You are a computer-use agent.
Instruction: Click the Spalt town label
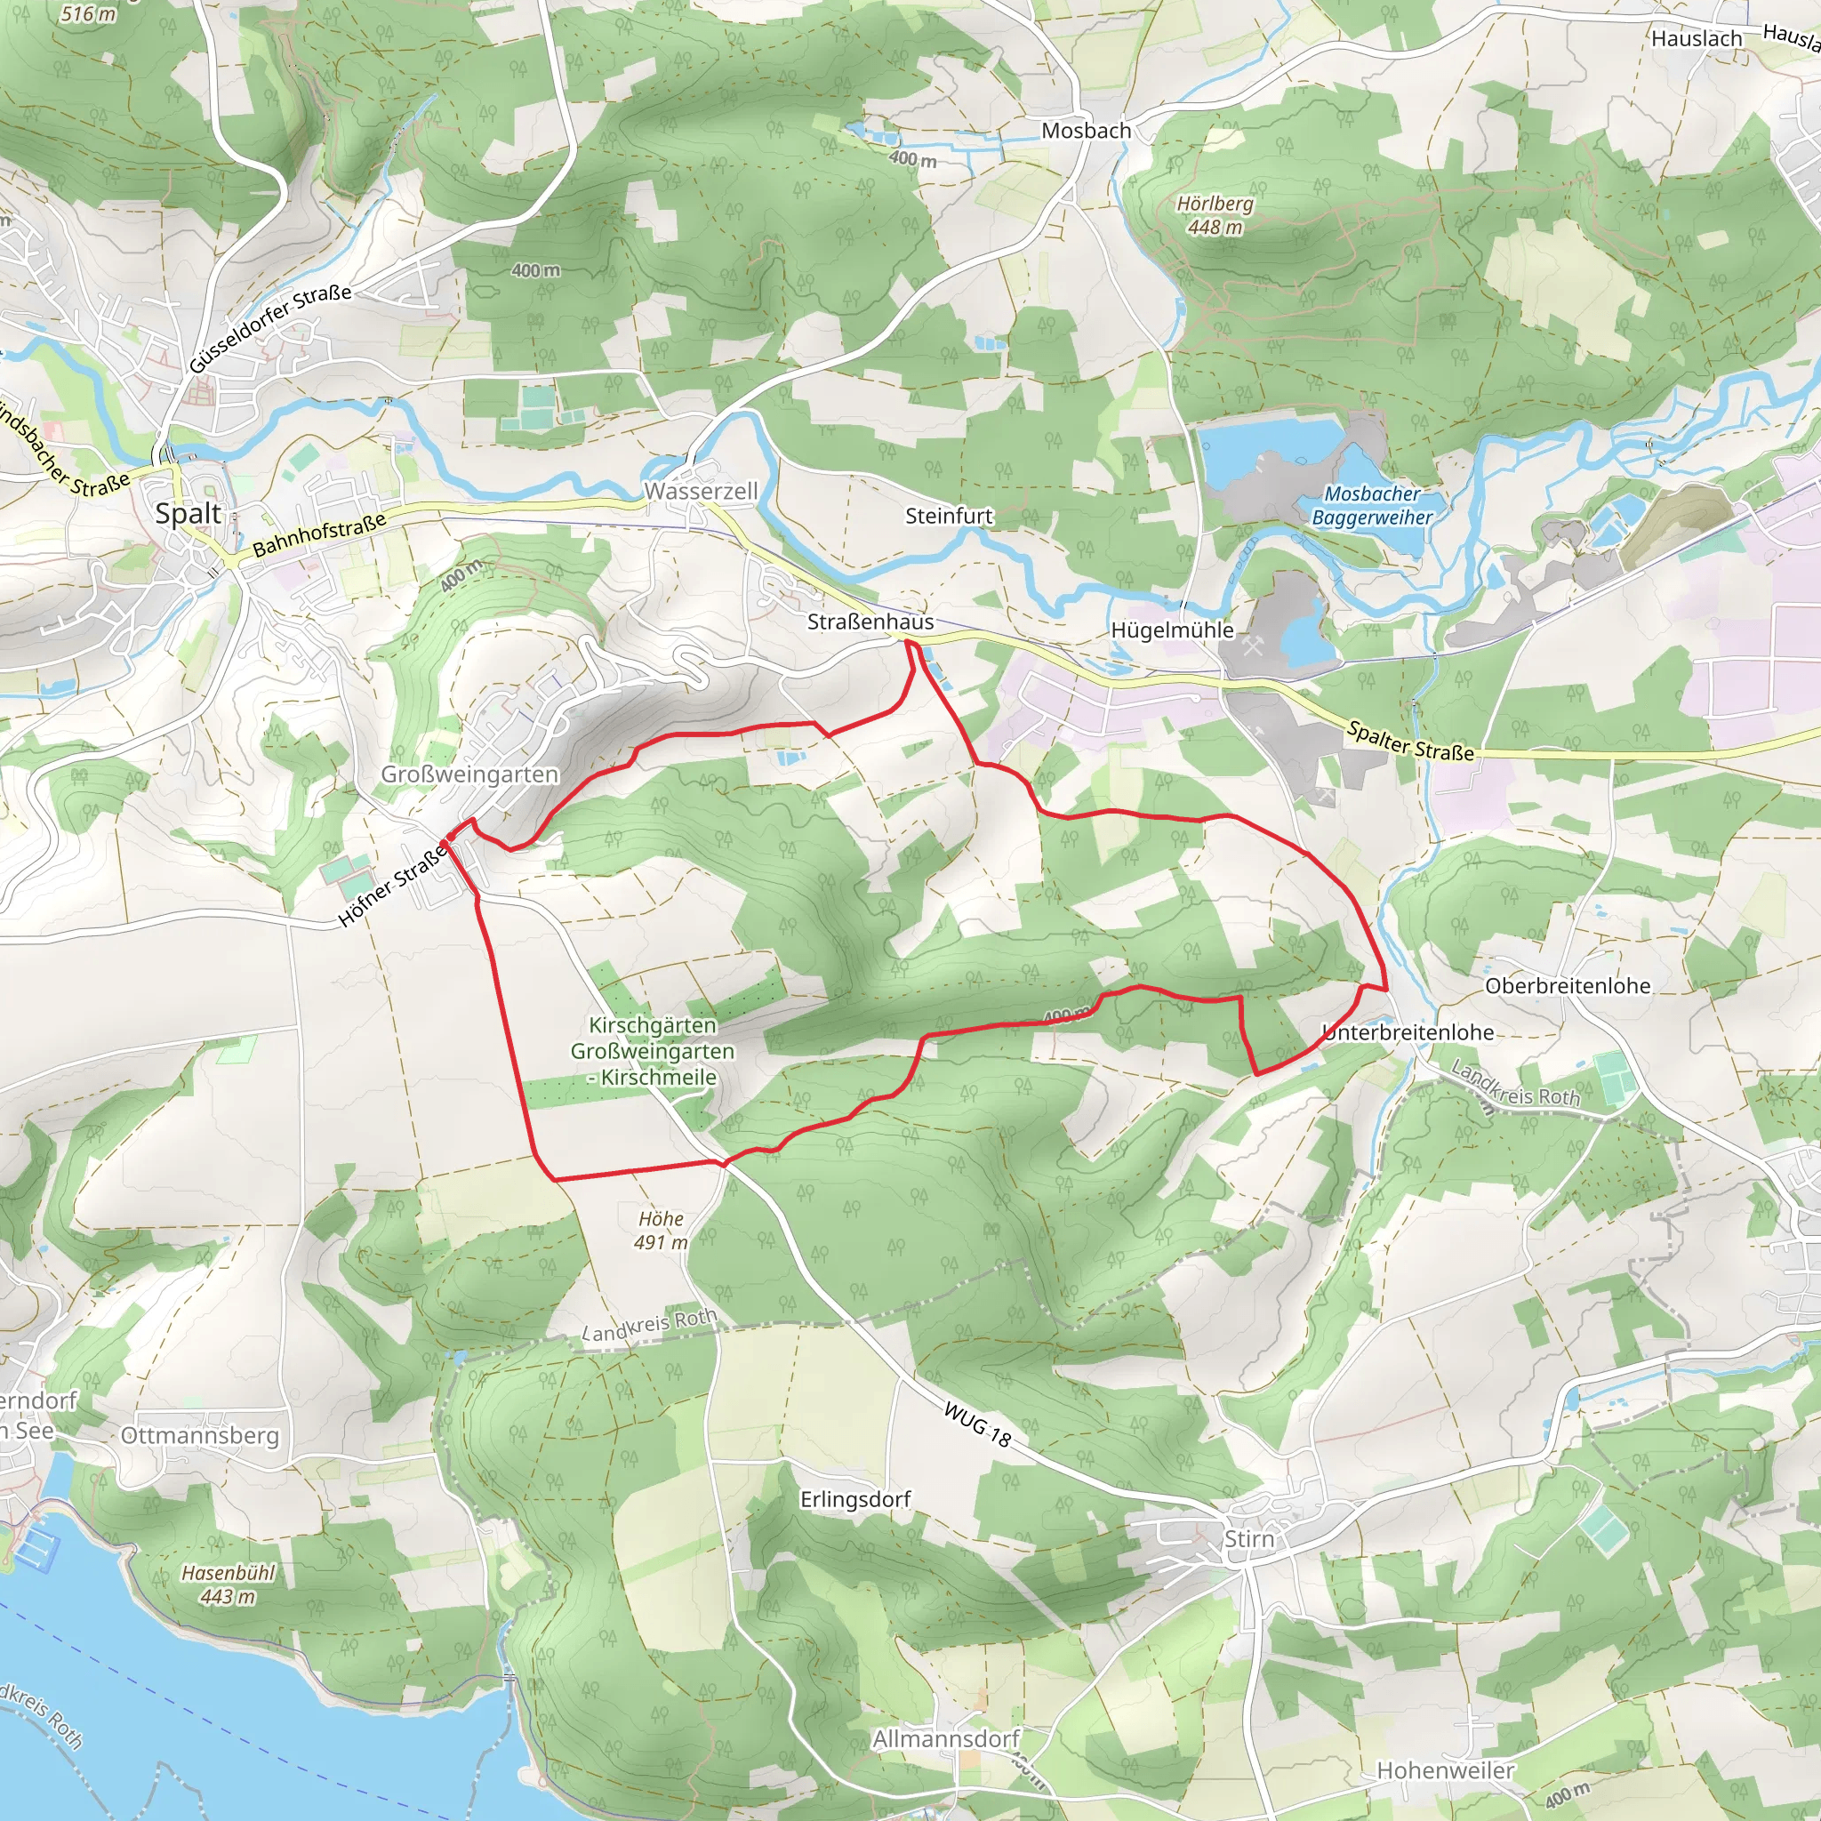[x=189, y=514]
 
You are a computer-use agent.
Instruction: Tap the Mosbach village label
[x=1086, y=131]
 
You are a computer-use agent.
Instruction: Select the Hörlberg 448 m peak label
[x=1215, y=215]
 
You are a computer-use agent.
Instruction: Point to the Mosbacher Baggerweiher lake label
[x=1371, y=505]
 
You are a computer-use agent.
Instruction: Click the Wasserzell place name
[x=702, y=491]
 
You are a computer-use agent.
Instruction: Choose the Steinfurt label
[x=948, y=516]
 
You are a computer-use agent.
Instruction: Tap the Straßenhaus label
[x=870, y=622]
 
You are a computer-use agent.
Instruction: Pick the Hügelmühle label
[x=1172, y=630]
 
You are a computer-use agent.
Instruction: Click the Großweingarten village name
[x=469, y=774]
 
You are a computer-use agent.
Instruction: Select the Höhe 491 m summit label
[x=661, y=1230]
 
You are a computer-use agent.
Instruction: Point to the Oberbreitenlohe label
[x=1568, y=986]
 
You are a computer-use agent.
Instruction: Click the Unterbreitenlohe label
[x=1408, y=1032]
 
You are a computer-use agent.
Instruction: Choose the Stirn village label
[x=1249, y=1539]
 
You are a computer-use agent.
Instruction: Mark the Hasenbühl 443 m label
[x=229, y=1584]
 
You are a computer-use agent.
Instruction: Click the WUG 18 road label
[x=977, y=1424]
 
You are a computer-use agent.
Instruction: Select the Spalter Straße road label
[x=1410, y=741]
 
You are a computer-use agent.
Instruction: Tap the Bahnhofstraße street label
[x=319, y=534]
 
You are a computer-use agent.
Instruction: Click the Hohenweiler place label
[x=1445, y=1771]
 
